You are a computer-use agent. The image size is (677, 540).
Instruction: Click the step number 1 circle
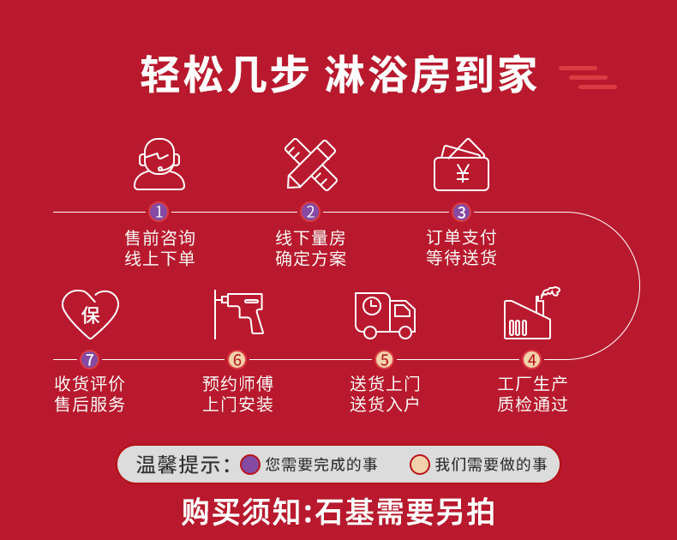158,212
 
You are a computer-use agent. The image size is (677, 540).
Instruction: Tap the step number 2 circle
310,212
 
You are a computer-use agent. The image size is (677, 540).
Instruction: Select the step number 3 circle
461,212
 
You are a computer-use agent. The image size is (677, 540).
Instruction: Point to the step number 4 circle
532,359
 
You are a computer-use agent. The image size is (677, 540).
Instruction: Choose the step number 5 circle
384,359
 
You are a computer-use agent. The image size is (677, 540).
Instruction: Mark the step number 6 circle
237,359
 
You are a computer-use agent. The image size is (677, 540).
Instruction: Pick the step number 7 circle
90,359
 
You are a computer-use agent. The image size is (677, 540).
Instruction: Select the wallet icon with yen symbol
461,165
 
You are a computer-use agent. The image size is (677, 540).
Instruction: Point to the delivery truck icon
385,315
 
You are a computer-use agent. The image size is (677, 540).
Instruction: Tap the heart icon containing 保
90,313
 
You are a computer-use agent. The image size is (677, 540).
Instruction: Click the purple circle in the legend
250,465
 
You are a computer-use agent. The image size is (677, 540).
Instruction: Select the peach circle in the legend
419,465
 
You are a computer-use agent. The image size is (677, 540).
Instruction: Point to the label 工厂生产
532,383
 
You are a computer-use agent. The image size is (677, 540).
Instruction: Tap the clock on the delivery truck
371,306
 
